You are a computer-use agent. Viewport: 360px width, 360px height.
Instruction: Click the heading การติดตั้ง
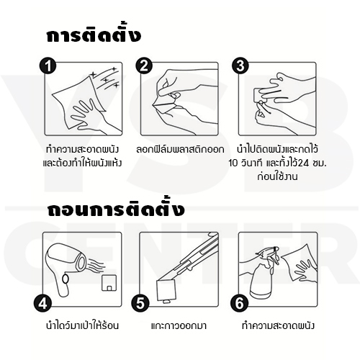[93, 37]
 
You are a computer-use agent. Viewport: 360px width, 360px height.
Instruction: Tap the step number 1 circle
[49, 66]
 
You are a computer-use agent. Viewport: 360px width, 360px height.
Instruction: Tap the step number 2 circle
[145, 66]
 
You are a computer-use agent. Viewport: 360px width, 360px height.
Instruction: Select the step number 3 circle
[240, 66]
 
